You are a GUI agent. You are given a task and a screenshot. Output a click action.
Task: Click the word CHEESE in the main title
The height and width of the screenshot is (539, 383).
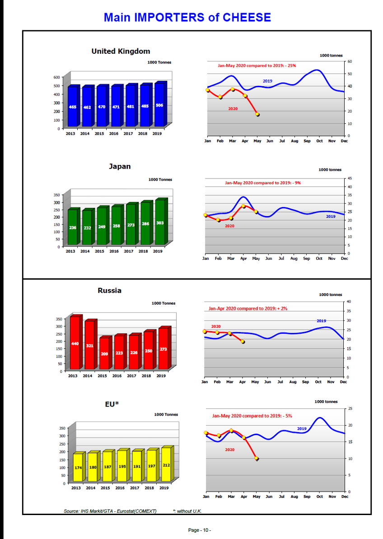tap(247, 17)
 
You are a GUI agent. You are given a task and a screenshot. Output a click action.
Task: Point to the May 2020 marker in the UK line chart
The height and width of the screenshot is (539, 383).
tap(257, 114)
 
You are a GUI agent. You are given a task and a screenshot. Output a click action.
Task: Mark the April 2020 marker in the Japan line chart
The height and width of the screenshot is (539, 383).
tap(243, 206)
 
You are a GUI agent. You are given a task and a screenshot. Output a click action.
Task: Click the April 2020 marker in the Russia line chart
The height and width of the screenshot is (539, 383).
tap(243, 342)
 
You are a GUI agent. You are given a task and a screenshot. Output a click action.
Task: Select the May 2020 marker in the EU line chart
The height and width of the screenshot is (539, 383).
tap(256, 458)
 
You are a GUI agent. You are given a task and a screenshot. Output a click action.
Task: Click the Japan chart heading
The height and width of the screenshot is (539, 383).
tap(120, 166)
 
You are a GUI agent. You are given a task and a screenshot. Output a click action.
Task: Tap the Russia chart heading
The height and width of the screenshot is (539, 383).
tap(110, 291)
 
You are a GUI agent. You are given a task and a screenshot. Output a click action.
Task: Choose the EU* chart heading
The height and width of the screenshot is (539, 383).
tap(112, 404)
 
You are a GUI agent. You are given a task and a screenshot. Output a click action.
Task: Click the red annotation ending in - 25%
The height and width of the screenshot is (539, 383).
tap(257, 66)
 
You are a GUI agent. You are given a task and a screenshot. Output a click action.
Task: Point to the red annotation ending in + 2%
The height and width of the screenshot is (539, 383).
tap(248, 308)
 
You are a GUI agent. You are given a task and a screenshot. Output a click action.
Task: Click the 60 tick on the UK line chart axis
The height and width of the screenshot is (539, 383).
tap(350, 61)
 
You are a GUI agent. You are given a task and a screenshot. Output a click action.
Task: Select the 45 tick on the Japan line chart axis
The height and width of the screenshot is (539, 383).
tap(350, 178)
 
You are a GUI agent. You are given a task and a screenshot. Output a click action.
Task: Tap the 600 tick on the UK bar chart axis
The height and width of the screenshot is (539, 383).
tap(56, 77)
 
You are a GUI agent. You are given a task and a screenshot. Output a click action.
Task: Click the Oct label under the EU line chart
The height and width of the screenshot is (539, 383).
tap(319, 497)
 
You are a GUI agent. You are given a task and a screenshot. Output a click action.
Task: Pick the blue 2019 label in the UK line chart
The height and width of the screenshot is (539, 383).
tap(267, 81)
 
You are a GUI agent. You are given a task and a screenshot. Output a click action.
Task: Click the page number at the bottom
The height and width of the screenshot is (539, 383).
tap(200, 530)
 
